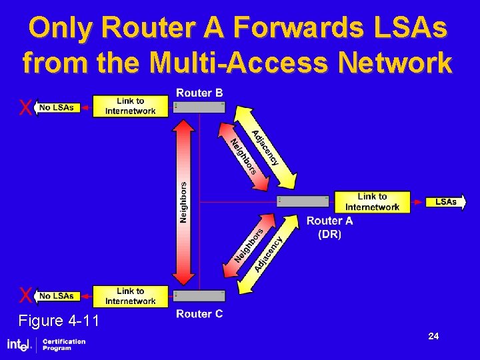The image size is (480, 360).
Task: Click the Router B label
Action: pos(199,93)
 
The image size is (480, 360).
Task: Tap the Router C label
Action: pos(199,314)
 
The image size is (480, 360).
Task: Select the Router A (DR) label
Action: pos(329,227)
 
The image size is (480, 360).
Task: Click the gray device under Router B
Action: pos(199,107)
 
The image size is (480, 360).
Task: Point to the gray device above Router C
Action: pos(199,295)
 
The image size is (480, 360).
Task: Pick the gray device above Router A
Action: pos(303,201)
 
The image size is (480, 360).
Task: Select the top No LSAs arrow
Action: pos(57,107)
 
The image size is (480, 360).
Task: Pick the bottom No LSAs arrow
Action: pos(57,295)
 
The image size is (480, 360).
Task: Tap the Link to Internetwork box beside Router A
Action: pos(372,201)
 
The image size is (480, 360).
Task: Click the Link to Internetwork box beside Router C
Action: pos(131,296)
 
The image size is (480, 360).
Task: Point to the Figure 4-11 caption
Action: pos(59,321)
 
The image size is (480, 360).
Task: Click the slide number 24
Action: pos(433,337)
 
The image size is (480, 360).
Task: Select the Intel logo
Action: pos(19,345)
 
